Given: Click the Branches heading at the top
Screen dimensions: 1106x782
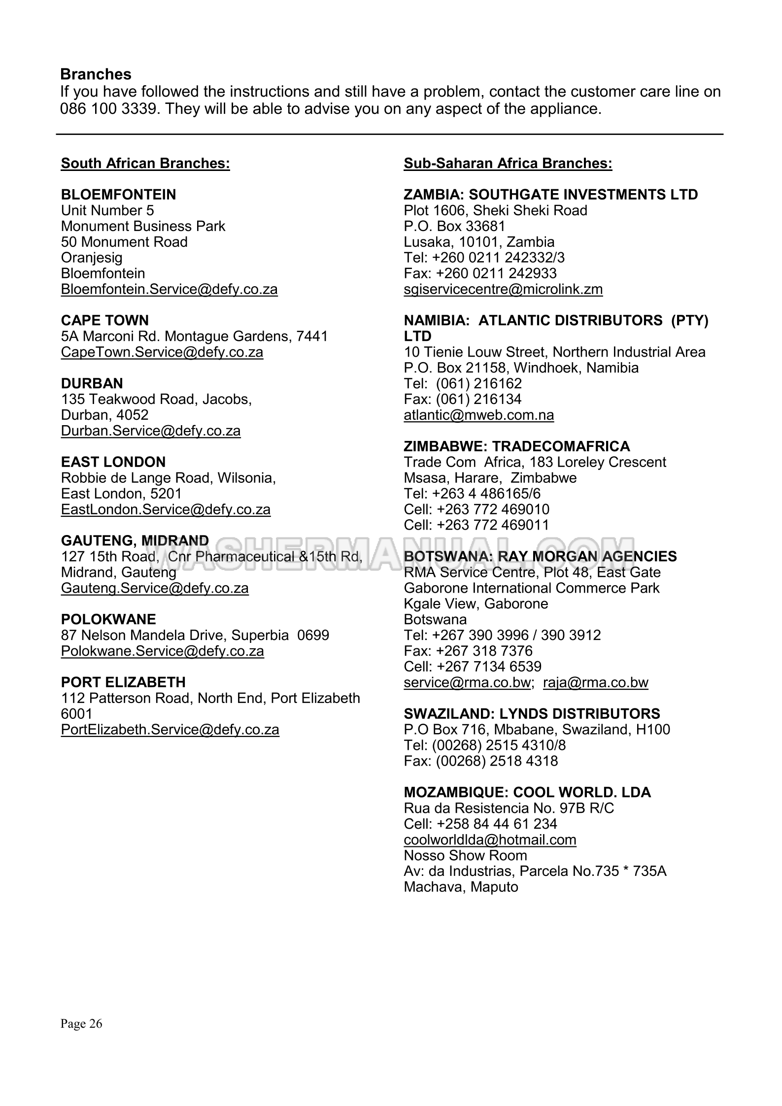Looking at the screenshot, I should (x=96, y=74).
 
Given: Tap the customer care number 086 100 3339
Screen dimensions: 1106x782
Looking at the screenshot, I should (x=110, y=109).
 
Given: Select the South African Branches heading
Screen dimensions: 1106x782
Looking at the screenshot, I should (x=145, y=164).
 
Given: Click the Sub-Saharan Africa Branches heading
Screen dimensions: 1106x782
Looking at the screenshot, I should (x=508, y=164).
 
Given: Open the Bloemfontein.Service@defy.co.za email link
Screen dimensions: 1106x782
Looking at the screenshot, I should (x=169, y=289).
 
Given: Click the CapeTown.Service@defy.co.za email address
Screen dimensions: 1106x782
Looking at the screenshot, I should (x=162, y=352).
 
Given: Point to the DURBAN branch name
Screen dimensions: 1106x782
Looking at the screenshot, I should (x=92, y=383).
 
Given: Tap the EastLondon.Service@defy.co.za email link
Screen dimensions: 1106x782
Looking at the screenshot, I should (x=166, y=509).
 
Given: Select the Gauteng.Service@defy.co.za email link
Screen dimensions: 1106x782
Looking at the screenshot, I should (x=155, y=588).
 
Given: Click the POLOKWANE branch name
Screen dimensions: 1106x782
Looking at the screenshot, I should (x=108, y=619).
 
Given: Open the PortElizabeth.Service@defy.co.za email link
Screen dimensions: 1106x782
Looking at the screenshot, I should (x=170, y=730).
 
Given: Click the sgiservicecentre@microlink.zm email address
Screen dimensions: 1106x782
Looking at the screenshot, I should (x=503, y=289).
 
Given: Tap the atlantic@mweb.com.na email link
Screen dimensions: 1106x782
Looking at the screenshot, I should (x=478, y=415).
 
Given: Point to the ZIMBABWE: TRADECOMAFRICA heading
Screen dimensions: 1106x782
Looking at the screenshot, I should (x=516, y=446).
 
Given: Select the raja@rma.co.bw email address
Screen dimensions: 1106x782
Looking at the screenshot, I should (x=595, y=683).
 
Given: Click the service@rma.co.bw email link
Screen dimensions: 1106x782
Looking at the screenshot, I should (x=467, y=683).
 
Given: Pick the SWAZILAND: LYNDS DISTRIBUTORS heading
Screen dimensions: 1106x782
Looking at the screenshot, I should (x=532, y=714).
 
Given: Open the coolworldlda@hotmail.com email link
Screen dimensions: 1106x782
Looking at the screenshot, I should (x=490, y=840).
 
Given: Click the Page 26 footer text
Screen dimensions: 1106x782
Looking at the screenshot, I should (x=81, y=1024).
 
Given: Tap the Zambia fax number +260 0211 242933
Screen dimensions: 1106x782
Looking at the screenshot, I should (x=496, y=273).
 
